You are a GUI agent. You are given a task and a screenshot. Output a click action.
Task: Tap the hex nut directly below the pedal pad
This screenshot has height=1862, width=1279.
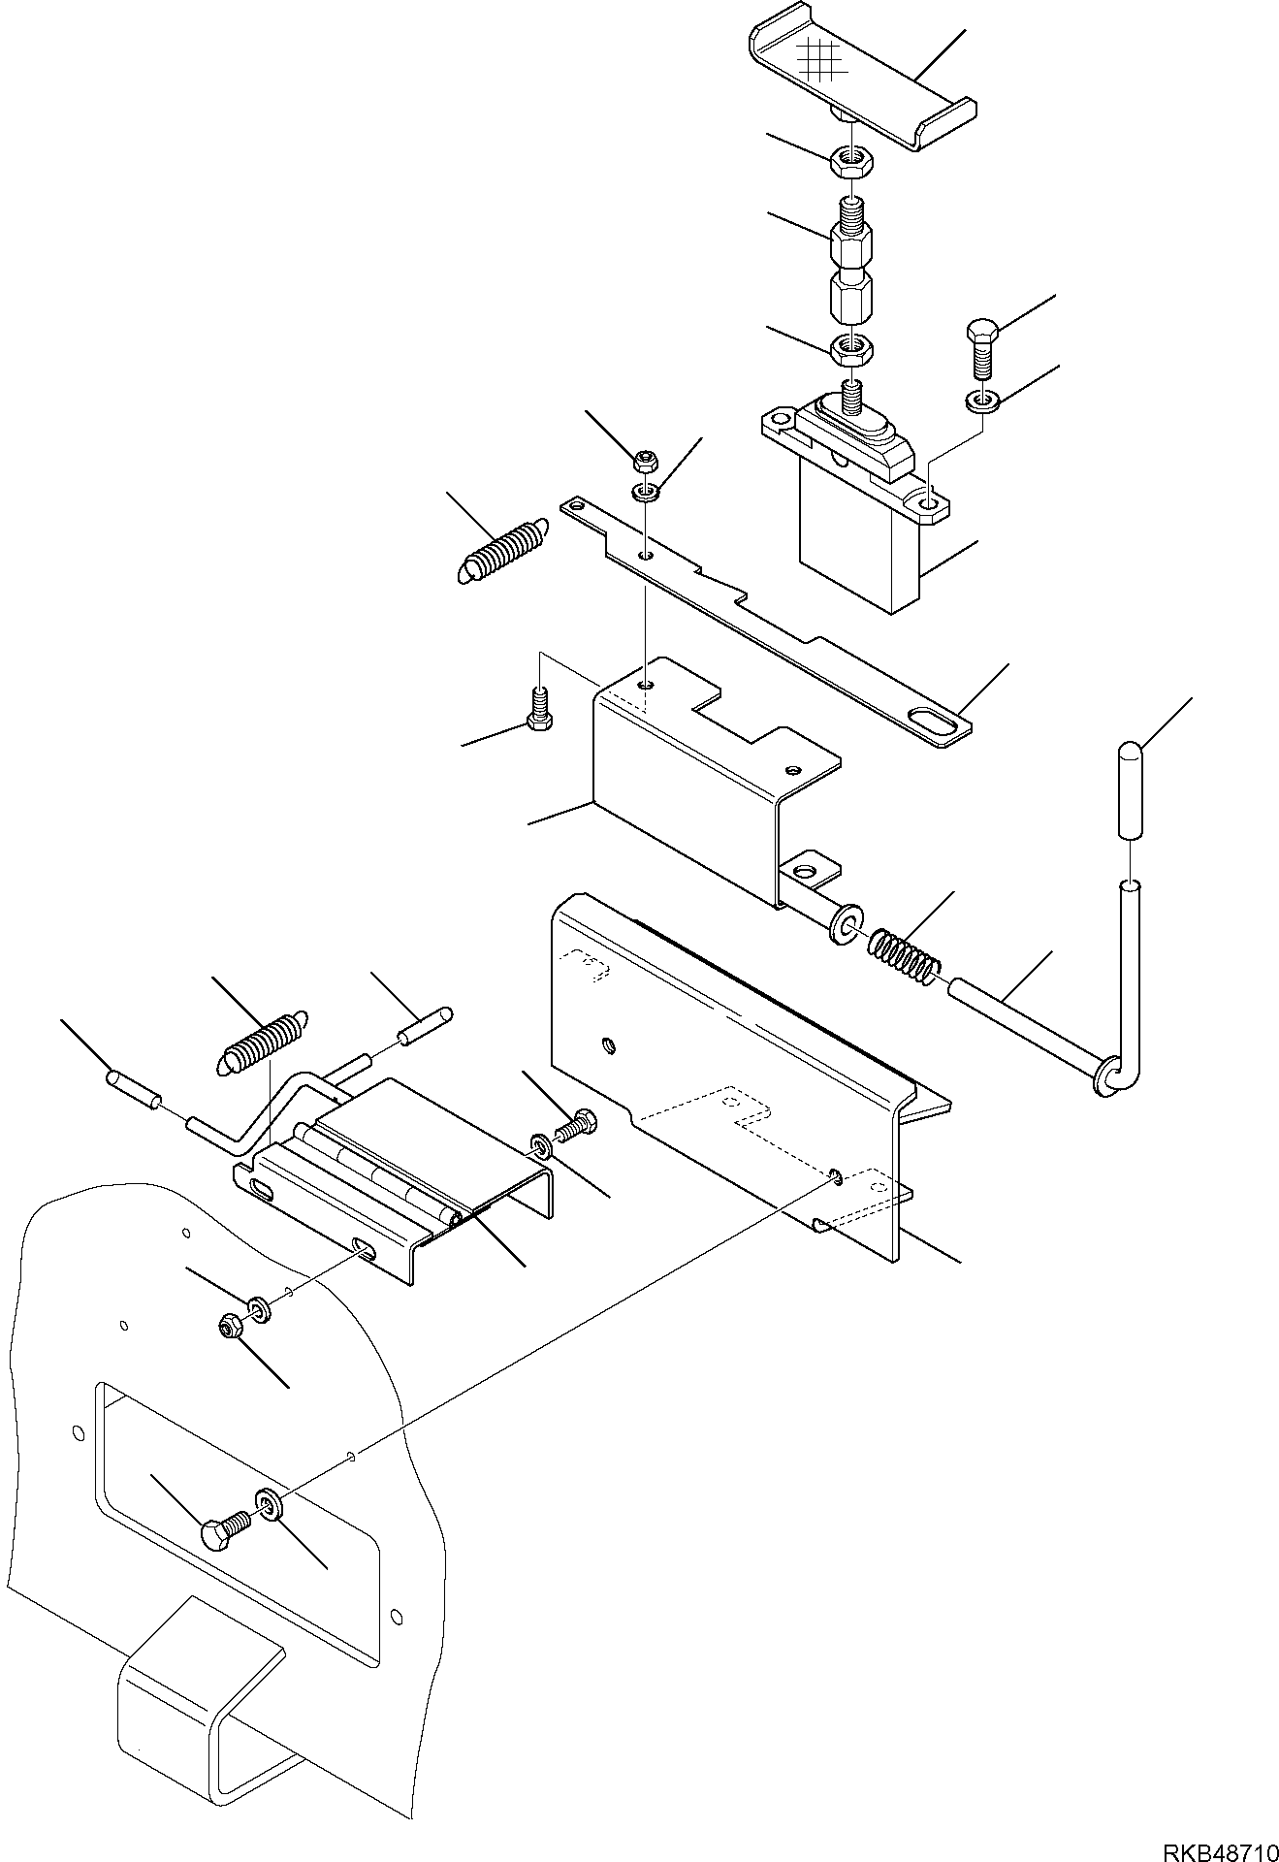[850, 160]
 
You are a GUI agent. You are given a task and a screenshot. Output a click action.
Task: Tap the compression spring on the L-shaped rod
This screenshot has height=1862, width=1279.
[903, 951]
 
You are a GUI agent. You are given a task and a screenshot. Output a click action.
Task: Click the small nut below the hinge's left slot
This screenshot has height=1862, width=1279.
[231, 1328]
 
